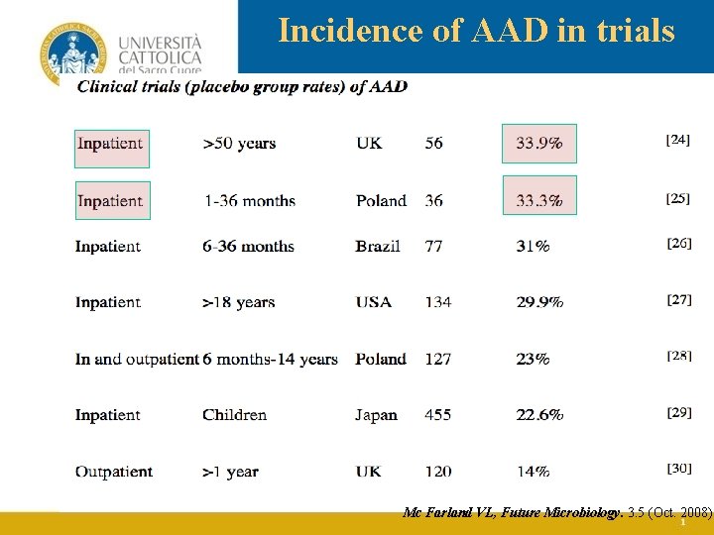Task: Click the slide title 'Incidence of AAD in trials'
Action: [476, 31]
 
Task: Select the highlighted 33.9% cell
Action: [539, 143]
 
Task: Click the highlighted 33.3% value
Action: [539, 200]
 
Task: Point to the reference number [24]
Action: [678, 141]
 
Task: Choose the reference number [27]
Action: [679, 298]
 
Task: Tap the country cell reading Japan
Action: [376, 415]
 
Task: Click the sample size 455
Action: [437, 415]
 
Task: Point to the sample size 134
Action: [437, 302]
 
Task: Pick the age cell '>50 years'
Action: [239, 144]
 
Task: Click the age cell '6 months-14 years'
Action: [271, 359]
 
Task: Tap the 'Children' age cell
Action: [235, 415]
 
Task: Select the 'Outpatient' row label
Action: [114, 472]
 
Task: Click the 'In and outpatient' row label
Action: [137, 359]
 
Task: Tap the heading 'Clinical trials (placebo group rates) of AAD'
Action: [242, 86]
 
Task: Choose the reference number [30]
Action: [679, 468]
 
